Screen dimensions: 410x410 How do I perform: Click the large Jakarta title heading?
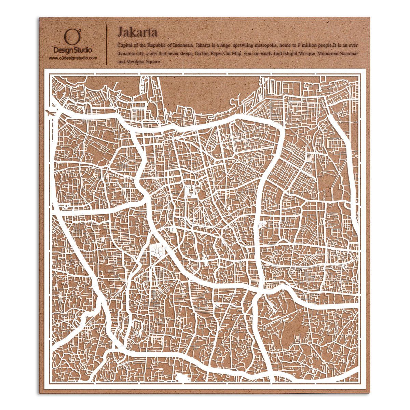(x=137, y=32)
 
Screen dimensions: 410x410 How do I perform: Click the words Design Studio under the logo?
(x=72, y=50)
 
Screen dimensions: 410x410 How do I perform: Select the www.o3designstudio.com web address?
(x=72, y=58)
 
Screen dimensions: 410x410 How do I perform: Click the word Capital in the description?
(x=125, y=45)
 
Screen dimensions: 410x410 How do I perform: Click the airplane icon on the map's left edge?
(x=50, y=111)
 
